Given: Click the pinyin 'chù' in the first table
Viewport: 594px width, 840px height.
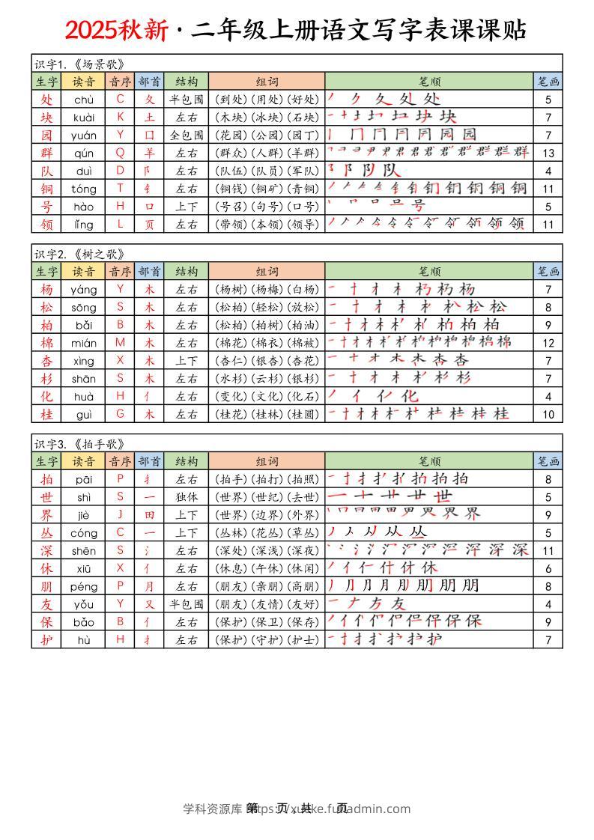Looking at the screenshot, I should click(x=84, y=99).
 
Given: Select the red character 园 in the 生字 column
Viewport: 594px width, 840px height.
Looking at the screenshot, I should click(x=46, y=135).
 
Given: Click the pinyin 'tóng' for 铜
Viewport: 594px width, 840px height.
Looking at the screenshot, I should click(x=84, y=189).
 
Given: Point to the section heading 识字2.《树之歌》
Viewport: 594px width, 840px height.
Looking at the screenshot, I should click(x=78, y=253).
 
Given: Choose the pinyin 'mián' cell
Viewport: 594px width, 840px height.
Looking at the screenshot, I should click(x=84, y=343).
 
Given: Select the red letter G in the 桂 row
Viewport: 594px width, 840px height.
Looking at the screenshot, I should click(x=120, y=414).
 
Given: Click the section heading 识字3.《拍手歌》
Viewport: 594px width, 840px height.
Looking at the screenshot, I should click(x=78, y=443).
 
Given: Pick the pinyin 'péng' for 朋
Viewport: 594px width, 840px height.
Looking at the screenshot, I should click(x=84, y=585).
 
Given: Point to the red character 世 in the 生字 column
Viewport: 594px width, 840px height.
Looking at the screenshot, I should click(x=46, y=497).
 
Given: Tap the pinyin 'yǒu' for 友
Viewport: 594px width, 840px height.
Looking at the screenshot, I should click(x=84, y=603).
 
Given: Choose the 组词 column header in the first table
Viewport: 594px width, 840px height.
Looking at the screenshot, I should click(x=266, y=82).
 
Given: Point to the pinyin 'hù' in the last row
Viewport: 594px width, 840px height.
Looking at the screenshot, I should click(x=84, y=639).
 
